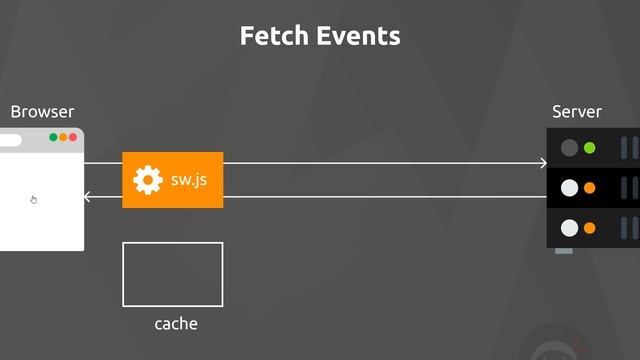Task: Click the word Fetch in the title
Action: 274,36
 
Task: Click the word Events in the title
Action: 359,36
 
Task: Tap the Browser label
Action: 42,112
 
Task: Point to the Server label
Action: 577,112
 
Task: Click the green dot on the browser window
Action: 53,137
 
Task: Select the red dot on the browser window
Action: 73,137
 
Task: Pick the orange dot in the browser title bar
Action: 63,137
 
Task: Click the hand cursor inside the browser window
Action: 33,200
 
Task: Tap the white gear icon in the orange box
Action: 148,180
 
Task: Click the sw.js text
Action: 189,180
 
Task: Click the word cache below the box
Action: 176,324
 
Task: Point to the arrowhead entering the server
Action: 544,163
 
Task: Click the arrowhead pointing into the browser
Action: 86,197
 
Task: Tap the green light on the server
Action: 589,148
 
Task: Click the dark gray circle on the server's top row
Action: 569,148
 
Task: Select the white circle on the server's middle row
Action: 569,188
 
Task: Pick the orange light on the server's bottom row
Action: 589,228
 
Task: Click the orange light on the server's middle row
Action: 589,188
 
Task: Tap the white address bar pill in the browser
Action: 10,140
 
